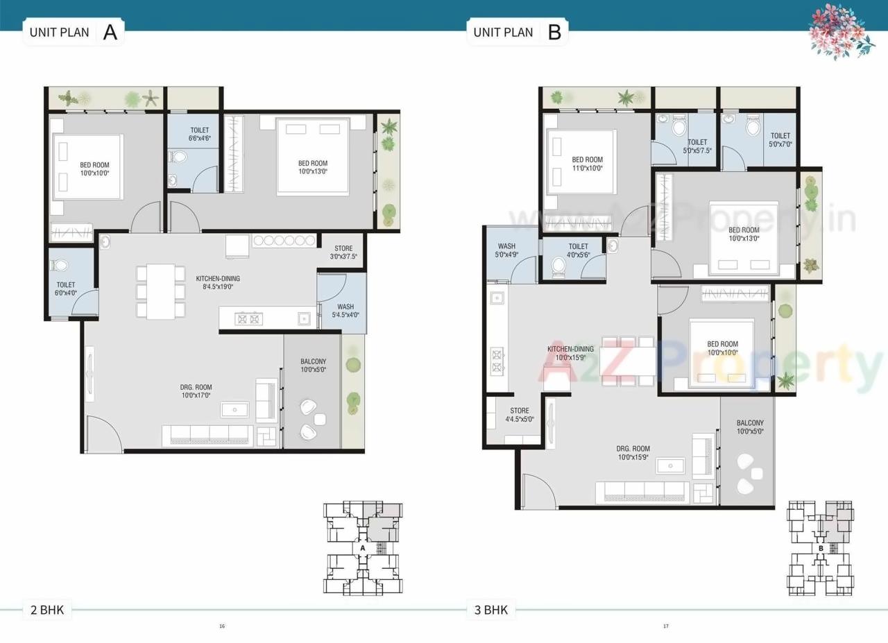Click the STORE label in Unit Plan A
tap(343, 248)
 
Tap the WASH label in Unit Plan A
tap(345, 307)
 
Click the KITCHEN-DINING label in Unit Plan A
tap(217, 279)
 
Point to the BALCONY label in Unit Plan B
tap(750, 423)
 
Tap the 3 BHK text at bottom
tap(490, 610)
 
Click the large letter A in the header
tap(110, 33)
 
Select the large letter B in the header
tap(554, 33)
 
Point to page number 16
tap(222, 626)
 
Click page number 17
tap(665, 626)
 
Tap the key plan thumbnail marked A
tap(362, 547)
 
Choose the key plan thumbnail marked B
tap(820, 547)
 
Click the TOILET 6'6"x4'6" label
tap(198, 134)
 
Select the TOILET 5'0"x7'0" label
tap(780, 140)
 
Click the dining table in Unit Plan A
tap(160, 291)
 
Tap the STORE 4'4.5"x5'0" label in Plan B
tap(519, 415)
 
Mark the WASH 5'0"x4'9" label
tap(506, 250)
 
